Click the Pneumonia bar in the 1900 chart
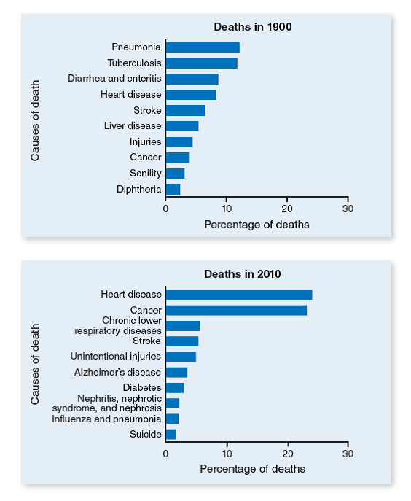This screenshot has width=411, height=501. pos(203,47)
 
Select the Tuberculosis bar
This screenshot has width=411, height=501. pos(201,63)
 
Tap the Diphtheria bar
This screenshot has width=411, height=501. pos(173,190)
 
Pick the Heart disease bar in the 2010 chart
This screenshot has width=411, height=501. pos(239,295)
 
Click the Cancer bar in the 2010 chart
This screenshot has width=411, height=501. pos(236,311)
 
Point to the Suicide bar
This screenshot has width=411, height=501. pos(171,435)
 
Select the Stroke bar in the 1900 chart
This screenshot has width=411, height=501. pos(185,111)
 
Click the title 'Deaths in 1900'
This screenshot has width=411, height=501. pos(253,27)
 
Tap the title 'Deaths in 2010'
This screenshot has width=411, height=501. pos(243,274)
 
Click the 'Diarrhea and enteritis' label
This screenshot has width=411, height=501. pos(114,79)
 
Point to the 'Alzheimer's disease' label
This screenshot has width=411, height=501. pos(117,372)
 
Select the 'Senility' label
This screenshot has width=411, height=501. pos(145,174)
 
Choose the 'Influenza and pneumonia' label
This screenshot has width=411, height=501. pos(106,419)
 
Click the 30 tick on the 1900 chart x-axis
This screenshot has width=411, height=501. pos(348,208)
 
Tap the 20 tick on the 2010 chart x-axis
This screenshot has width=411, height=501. pos(288,452)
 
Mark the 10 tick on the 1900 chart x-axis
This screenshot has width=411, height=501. pos(227,208)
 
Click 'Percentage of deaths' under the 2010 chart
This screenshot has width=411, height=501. pos(252,468)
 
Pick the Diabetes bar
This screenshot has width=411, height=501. pos(175,388)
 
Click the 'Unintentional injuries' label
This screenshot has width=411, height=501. pos(115,357)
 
